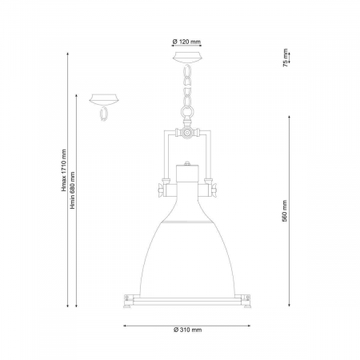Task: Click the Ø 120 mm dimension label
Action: coord(186,42)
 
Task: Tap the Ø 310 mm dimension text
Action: coord(187,330)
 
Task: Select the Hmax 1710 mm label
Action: coord(64,170)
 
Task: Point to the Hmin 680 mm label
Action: coord(73,190)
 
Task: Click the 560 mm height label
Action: coord(285,211)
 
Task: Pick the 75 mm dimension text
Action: coord(286,58)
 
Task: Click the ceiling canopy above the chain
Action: coord(187,58)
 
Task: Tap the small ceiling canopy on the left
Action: coord(104,99)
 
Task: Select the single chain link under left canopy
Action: coord(103,114)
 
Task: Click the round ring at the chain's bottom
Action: coord(187,111)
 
